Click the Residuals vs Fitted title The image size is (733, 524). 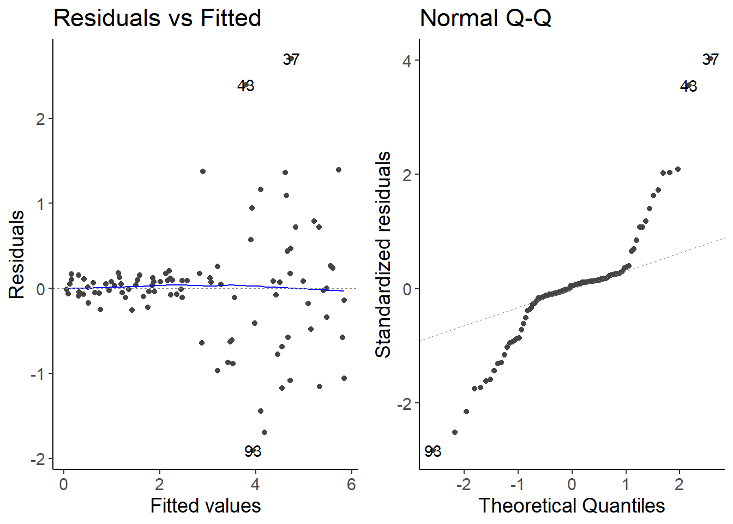point(157,18)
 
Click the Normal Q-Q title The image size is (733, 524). point(485,18)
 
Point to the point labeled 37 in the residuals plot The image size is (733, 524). point(291,58)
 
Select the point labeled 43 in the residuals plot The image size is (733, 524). point(246,85)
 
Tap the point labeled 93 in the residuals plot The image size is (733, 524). point(253,450)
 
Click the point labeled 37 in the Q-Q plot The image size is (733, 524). point(710,58)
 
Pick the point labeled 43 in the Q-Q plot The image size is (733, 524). point(689,86)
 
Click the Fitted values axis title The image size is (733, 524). point(206,505)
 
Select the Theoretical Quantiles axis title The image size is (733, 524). point(572,505)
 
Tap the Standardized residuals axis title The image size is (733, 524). point(383,254)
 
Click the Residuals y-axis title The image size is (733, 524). point(17,254)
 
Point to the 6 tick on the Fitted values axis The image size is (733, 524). point(351,484)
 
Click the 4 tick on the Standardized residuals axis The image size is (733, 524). point(407,61)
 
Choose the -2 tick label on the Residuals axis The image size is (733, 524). point(38,459)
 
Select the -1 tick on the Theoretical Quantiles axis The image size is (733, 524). point(518,484)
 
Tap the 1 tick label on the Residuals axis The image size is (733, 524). point(40,204)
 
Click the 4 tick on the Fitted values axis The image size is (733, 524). point(255,484)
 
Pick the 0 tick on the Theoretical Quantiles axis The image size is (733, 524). point(572,484)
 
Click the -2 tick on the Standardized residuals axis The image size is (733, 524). point(404,404)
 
